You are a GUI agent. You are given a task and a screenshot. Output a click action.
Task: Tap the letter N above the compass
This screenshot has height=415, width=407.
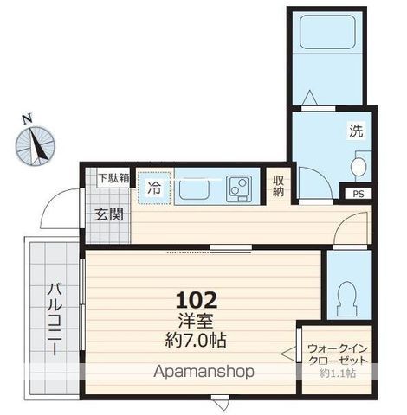click(28, 119)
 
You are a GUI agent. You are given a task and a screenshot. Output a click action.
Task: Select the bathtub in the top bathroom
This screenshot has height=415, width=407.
click(327, 31)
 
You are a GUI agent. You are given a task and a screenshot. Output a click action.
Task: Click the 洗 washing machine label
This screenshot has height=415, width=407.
click(356, 131)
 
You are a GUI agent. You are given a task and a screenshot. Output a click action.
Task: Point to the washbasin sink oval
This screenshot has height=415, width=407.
click(359, 166)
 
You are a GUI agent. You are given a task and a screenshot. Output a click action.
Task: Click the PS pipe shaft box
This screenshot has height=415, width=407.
click(359, 194)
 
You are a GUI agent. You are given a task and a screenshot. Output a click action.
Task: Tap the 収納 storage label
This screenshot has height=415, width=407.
click(278, 186)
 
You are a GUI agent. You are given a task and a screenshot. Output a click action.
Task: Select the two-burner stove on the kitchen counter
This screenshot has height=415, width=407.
click(239, 188)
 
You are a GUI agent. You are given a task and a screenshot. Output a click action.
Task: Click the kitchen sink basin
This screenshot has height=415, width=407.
click(194, 188)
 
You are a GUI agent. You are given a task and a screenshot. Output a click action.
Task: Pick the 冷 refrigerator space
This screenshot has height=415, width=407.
click(154, 188)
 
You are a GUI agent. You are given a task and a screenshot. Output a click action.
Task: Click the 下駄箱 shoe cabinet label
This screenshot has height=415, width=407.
click(113, 178)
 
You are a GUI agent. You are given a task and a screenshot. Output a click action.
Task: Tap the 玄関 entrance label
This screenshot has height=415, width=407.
click(109, 214)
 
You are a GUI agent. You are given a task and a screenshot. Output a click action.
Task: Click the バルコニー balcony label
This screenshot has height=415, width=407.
click(55, 319)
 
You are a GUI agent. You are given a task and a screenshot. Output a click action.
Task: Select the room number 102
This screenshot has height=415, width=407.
click(197, 300)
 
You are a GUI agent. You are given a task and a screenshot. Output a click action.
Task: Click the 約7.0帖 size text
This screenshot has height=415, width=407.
click(196, 341)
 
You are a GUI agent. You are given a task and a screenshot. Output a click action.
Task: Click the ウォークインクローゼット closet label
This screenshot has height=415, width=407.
click(338, 354)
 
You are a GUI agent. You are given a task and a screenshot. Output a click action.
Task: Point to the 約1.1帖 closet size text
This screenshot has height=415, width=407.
click(338, 373)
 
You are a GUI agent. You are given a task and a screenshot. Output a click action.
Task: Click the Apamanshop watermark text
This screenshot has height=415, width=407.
click(203, 372)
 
